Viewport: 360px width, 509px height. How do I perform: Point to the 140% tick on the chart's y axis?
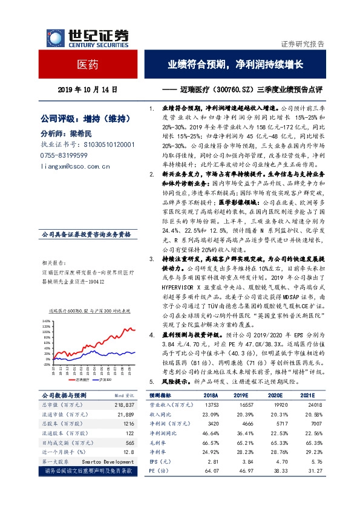point(45,321)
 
